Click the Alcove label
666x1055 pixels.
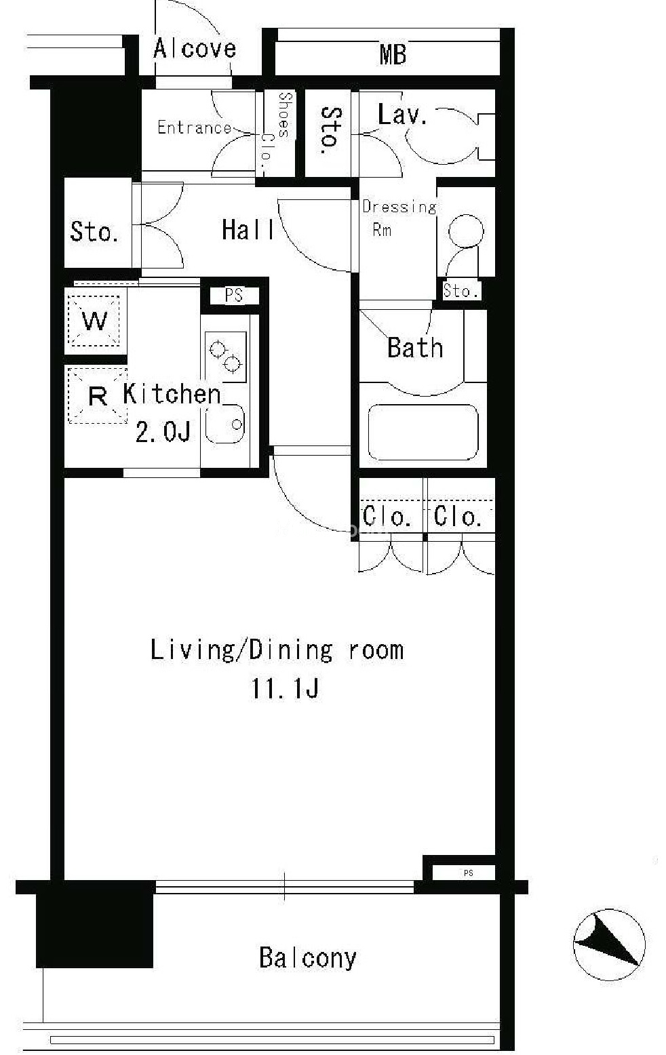tap(195, 49)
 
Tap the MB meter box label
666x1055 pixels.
tap(393, 54)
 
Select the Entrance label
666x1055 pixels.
tap(195, 127)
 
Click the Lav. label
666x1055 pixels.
tap(402, 115)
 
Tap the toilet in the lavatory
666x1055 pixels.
tap(450, 136)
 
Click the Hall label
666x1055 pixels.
tap(248, 231)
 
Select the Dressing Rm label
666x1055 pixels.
tap(399, 218)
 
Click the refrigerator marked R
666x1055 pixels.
tap(98, 396)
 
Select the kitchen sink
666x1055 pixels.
tap(225, 424)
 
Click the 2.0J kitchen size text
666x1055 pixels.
tap(163, 431)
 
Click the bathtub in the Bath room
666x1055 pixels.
tap(423, 432)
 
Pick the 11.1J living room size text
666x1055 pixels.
tap(285, 689)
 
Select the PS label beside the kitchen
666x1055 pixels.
tap(233, 296)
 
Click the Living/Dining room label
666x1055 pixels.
tap(277, 650)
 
